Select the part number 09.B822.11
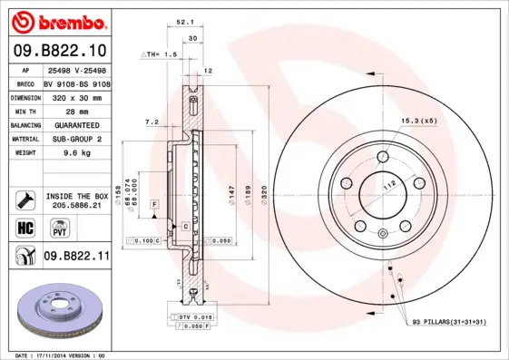(x=76, y=257)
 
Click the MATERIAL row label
(x=24, y=139)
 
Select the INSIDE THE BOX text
(x=76, y=196)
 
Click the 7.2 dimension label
(x=152, y=121)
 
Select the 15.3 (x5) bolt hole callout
(x=419, y=121)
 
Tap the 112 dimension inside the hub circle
(x=391, y=185)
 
